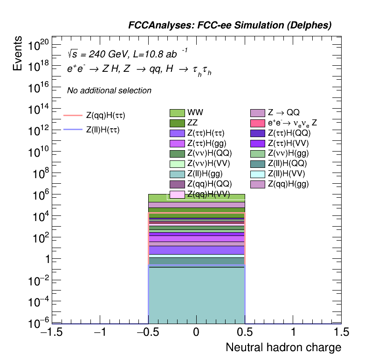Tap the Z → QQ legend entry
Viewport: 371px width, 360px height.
click(x=283, y=113)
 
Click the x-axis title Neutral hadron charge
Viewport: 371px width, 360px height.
click(x=283, y=348)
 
